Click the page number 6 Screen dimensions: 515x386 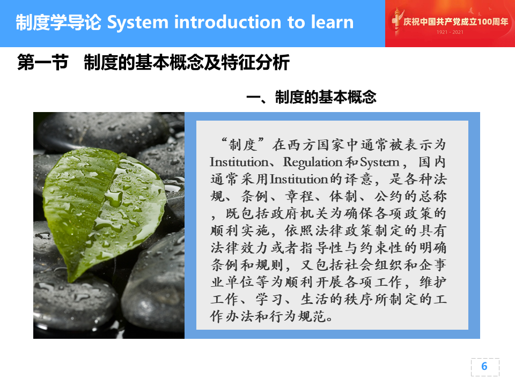coord(484,366)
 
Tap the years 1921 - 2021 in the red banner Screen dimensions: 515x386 coord(450,32)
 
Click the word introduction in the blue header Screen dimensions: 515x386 coord(227,22)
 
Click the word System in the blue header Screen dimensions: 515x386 coord(137,23)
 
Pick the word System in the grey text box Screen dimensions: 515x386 coord(380,162)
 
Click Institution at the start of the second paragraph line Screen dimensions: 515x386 coord(239,162)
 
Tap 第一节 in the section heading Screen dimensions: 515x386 coord(43,62)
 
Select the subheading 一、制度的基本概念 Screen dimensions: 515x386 coord(311,97)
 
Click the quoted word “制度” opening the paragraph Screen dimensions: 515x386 coord(242,144)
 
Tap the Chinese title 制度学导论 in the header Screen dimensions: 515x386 coord(58,23)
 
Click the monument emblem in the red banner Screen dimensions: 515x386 coord(396,21)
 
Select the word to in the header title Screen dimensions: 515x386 coord(296,23)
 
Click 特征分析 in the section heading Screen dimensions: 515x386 coord(255,62)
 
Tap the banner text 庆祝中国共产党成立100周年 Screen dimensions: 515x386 coord(455,21)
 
